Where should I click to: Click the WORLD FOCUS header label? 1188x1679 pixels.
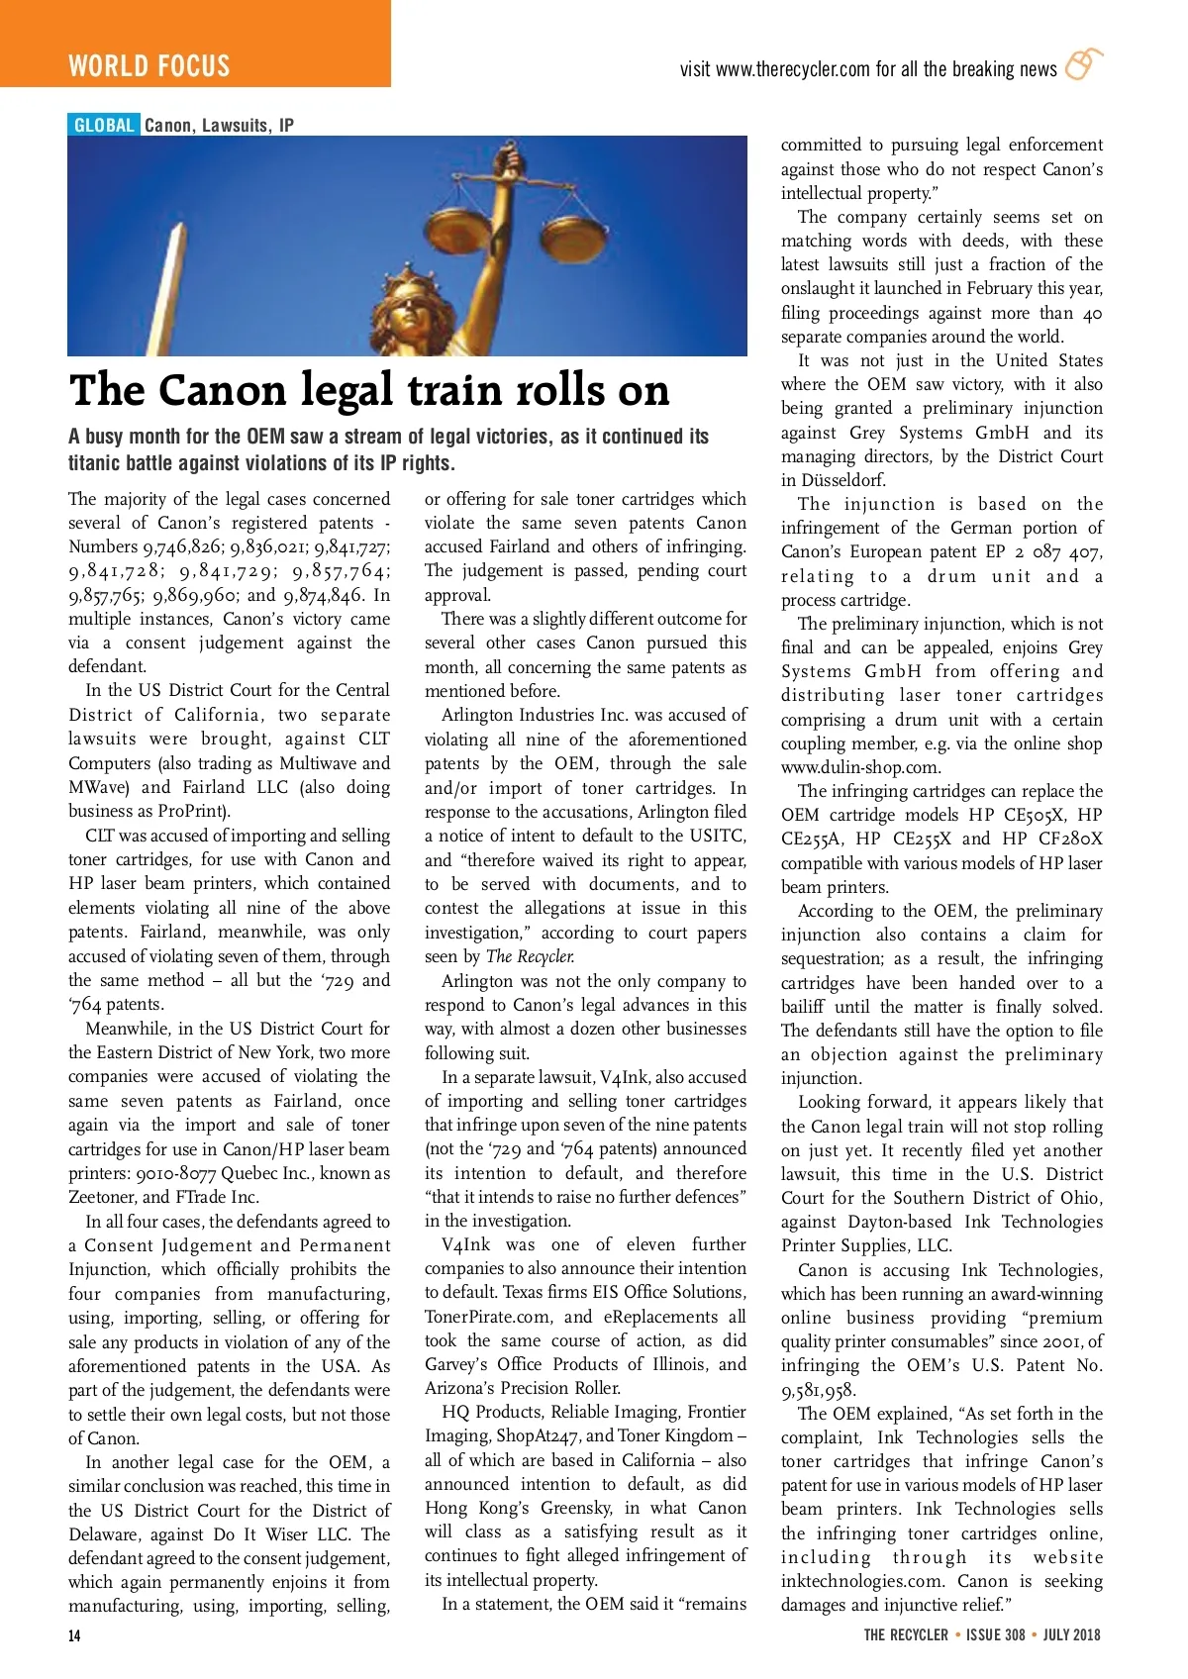tap(148, 66)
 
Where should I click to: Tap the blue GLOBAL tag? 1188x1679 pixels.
tap(104, 125)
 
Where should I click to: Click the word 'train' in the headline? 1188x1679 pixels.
tap(451, 390)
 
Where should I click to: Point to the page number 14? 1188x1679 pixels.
tap(74, 1634)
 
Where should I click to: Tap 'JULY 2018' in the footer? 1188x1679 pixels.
tap(1071, 1634)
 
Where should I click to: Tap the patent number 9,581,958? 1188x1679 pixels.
tap(818, 1389)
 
